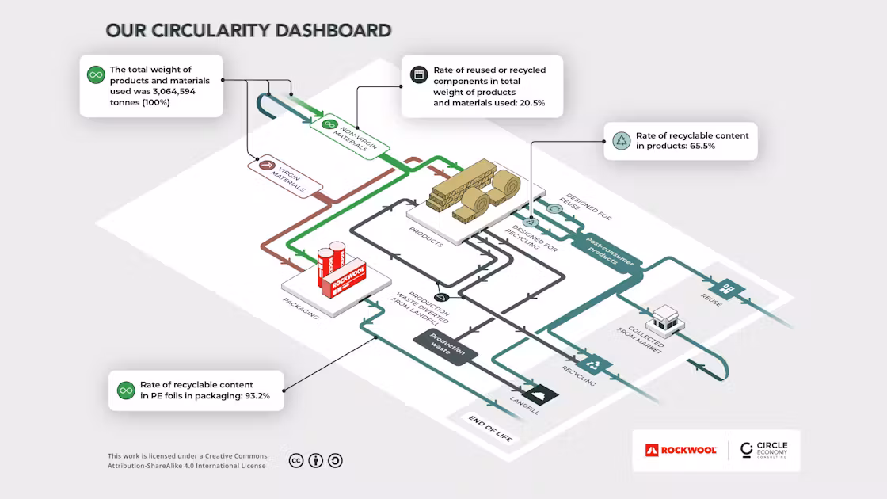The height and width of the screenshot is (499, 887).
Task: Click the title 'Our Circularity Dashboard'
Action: tap(249, 31)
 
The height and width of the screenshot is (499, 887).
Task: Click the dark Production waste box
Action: tap(444, 348)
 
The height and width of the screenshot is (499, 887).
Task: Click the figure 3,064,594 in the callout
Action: tap(167, 91)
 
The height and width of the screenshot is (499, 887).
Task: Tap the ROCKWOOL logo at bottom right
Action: tap(681, 450)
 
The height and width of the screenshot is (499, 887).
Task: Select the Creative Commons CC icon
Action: tap(297, 460)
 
